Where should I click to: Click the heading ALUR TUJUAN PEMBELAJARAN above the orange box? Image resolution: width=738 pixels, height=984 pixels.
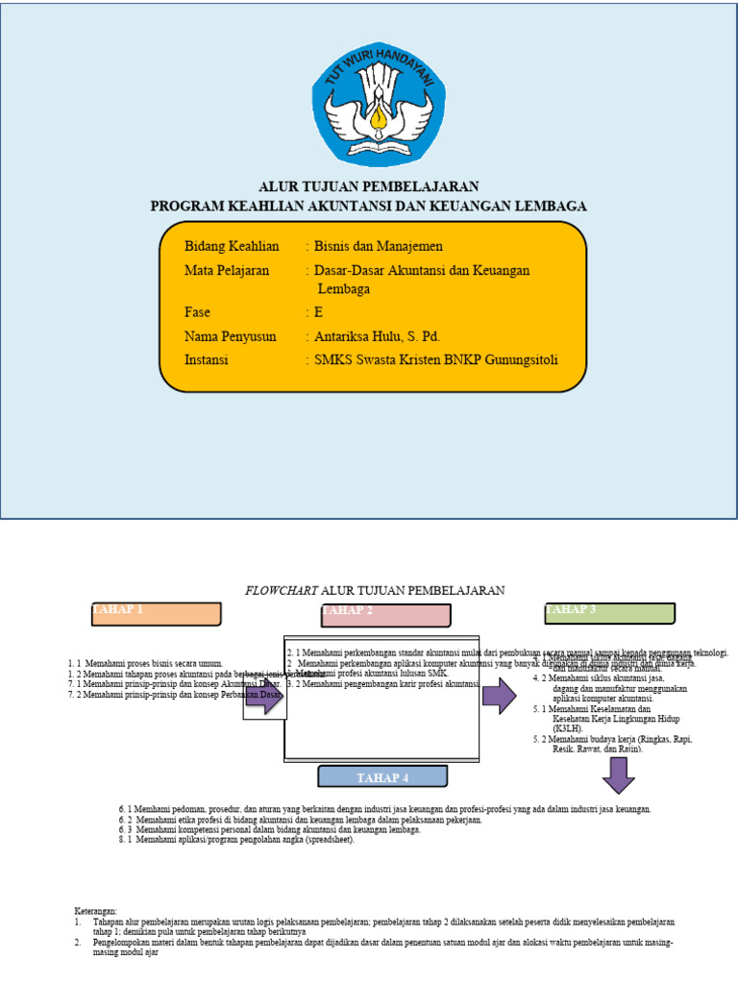pyautogui.click(x=369, y=186)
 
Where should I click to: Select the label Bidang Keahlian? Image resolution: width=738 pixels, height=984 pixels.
pyautogui.click(x=232, y=247)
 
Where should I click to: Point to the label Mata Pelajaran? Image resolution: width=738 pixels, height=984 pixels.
pyautogui.click(x=227, y=271)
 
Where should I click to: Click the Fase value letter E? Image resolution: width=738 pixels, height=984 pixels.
pyautogui.click(x=319, y=312)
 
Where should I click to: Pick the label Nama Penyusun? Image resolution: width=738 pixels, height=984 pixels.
pyautogui.click(x=231, y=336)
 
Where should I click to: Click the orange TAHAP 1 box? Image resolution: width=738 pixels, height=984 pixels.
pyautogui.click(x=157, y=614)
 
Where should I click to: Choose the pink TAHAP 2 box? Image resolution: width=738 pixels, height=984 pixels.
pyautogui.click(x=385, y=615)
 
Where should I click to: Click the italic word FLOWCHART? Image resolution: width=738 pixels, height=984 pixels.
pyautogui.click(x=282, y=590)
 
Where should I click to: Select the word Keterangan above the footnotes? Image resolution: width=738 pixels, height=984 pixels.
pyautogui.click(x=95, y=909)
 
